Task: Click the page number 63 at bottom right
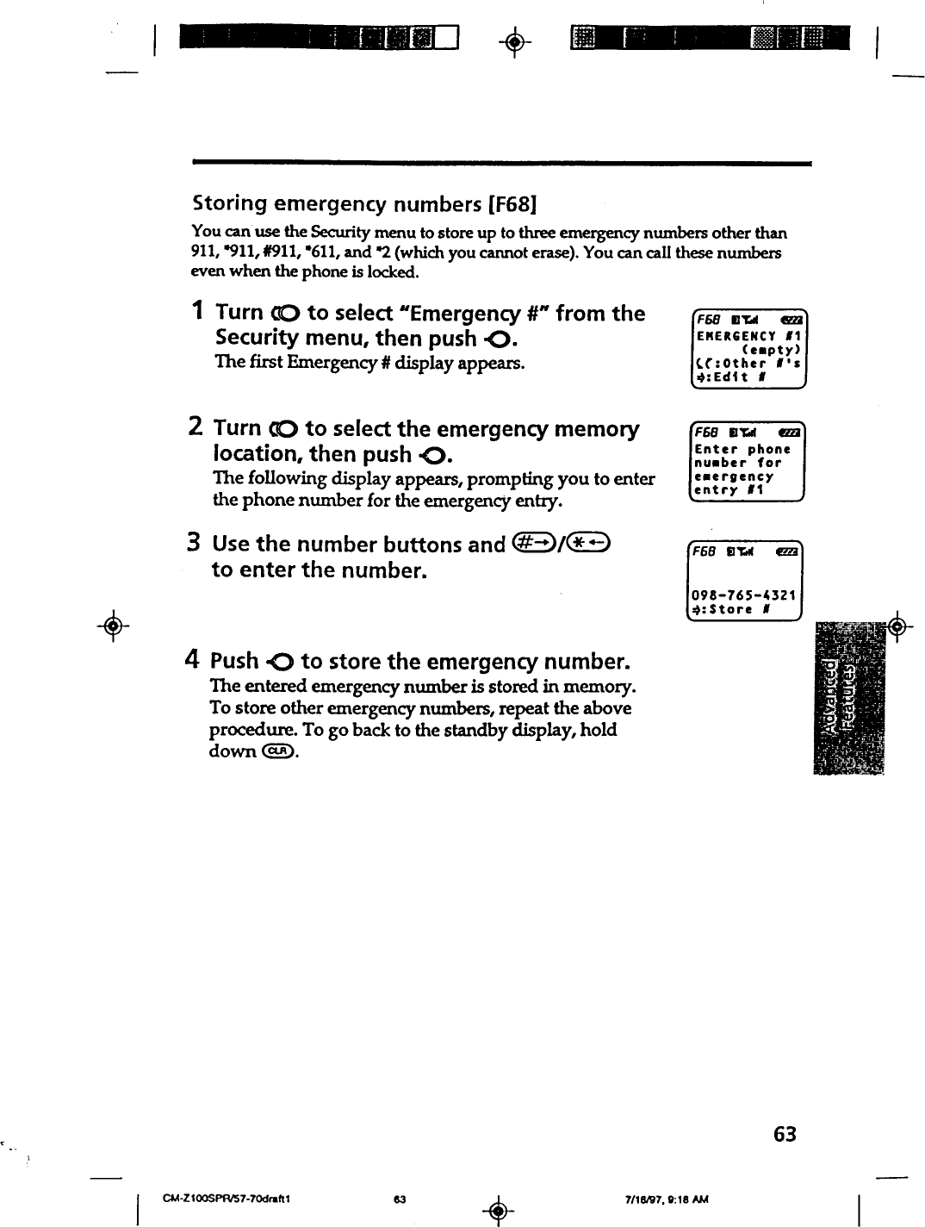coord(785,1134)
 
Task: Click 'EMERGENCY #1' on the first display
coord(747,336)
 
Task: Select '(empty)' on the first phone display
coord(771,350)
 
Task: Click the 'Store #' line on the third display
coord(732,609)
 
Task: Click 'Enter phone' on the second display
coord(742,449)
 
